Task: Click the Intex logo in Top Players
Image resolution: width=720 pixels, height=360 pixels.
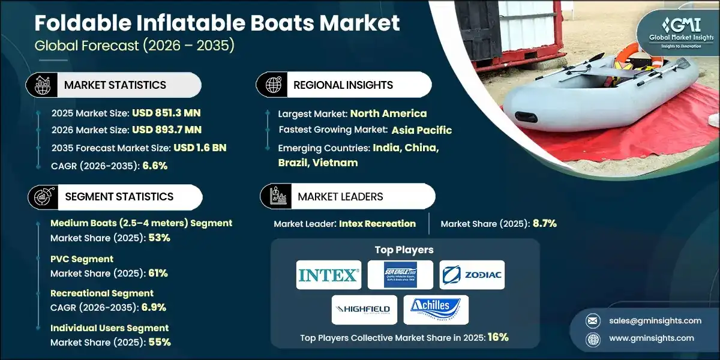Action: coord(329,275)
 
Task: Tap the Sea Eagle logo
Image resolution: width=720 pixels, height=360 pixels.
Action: coord(400,275)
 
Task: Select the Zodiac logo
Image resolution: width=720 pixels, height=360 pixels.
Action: coord(472,275)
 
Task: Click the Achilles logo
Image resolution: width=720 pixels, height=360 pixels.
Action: coord(436,310)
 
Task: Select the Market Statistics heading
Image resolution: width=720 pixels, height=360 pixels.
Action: coord(115,85)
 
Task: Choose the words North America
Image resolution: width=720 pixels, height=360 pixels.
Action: coord(388,113)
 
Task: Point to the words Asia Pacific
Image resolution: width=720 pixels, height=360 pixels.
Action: coord(422,130)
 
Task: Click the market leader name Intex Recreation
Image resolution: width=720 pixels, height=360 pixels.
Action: coord(377,224)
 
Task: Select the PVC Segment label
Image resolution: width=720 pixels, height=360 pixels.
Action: coord(82,259)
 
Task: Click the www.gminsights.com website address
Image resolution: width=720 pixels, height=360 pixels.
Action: coord(651,338)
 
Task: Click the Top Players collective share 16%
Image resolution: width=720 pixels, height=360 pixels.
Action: coord(498,337)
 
